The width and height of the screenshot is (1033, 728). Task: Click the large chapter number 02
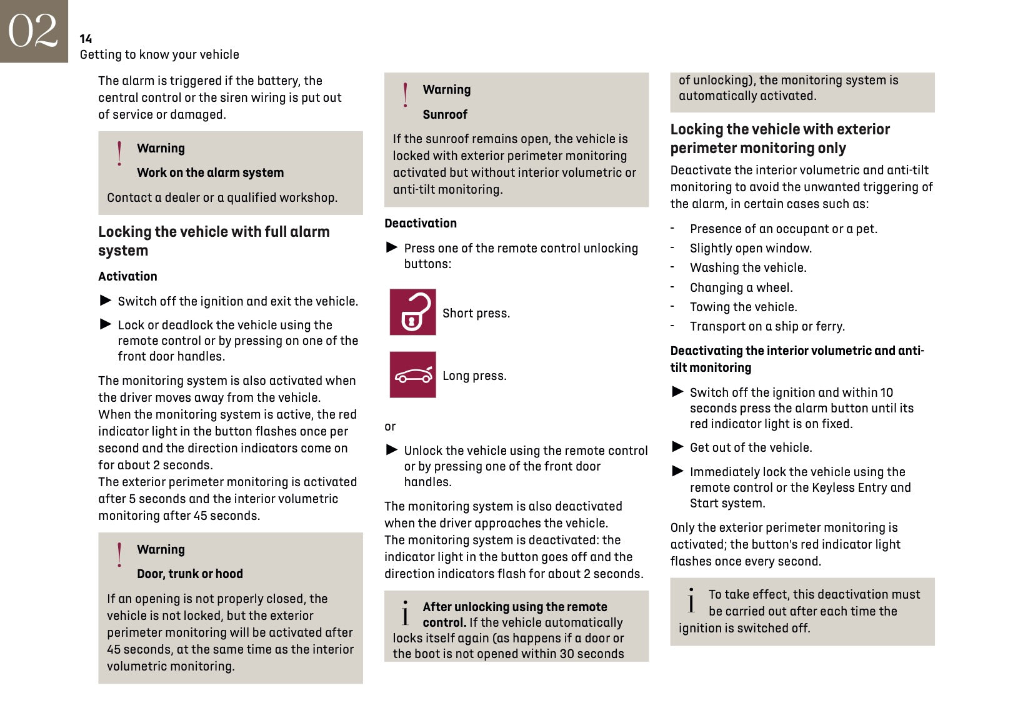tap(33, 31)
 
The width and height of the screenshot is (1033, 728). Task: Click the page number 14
tap(86, 39)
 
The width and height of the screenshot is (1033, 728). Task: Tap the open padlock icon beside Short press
tap(412, 312)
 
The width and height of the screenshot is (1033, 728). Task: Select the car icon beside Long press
tap(412, 375)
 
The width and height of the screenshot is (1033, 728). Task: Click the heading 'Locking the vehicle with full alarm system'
tap(214, 241)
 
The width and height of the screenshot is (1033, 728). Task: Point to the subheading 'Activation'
tap(127, 276)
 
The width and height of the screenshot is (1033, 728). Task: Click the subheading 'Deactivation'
tap(421, 223)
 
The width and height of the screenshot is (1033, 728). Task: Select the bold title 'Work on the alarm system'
tap(210, 172)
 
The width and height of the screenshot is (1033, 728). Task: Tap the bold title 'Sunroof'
tap(445, 114)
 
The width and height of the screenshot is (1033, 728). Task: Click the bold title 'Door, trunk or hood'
tap(190, 574)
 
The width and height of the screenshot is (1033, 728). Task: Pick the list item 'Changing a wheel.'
tap(741, 287)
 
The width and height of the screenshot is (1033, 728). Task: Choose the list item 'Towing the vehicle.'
tap(743, 307)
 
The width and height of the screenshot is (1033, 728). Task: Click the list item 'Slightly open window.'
tap(751, 248)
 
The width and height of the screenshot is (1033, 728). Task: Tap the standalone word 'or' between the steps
tap(390, 427)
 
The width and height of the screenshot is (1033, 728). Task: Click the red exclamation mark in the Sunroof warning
tap(406, 95)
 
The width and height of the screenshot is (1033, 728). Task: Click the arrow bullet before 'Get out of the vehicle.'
tap(677, 447)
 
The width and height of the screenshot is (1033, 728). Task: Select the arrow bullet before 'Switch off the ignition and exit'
tap(106, 301)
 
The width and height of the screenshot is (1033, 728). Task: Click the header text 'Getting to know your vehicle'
tap(159, 54)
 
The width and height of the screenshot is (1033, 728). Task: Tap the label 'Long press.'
tap(474, 376)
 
